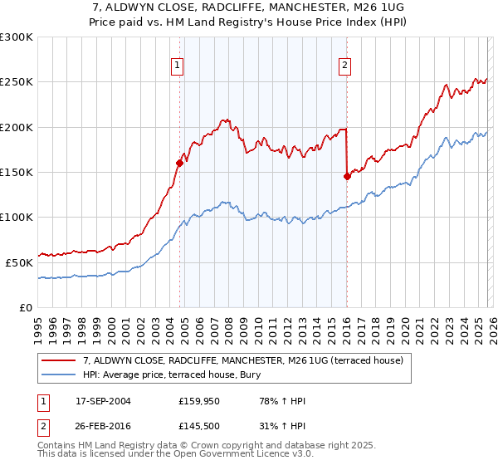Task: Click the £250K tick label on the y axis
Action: (x=17, y=82)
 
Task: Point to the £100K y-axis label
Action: (x=17, y=217)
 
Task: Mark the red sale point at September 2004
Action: (x=180, y=164)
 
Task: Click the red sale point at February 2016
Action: (x=347, y=176)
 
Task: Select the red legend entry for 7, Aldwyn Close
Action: (x=242, y=360)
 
